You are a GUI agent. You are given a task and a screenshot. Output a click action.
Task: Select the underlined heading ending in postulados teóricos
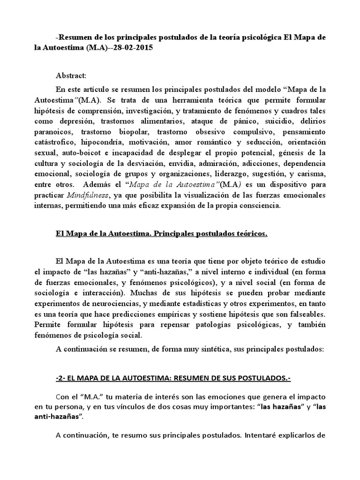coord(161,234)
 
